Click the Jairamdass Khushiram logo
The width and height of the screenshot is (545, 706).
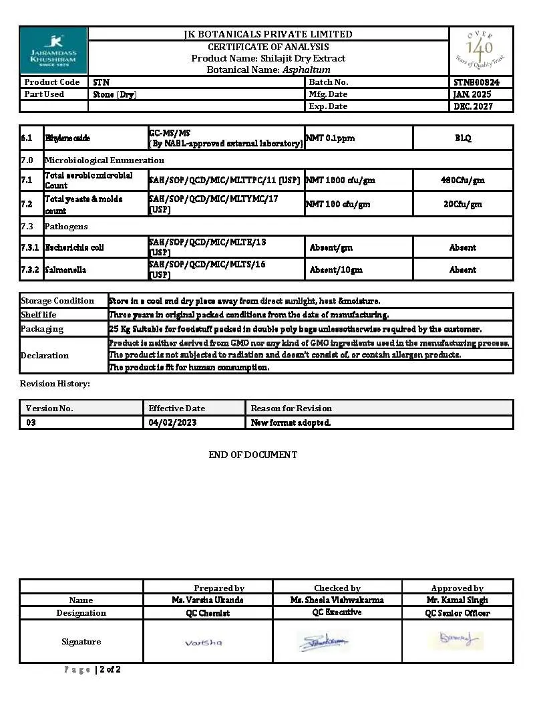click(53, 51)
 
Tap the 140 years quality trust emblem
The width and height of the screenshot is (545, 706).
click(480, 51)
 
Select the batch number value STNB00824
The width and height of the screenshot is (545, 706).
click(476, 82)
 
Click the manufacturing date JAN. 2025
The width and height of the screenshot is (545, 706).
click(472, 94)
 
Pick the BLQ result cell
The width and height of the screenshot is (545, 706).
click(463, 138)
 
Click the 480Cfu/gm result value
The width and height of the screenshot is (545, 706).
click(463, 180)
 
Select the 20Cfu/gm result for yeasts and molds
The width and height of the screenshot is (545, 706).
click(463, 204)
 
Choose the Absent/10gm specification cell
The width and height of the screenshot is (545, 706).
click(336, 269)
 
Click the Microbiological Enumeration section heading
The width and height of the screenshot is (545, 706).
click(104, 160)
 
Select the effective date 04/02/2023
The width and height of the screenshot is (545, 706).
click(172, 423)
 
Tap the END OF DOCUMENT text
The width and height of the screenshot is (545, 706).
click(253, 455)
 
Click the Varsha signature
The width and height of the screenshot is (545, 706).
click(203, 642)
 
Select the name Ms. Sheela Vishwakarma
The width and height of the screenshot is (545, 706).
click(337, 600)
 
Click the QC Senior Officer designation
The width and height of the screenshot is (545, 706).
click(458, 613)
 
